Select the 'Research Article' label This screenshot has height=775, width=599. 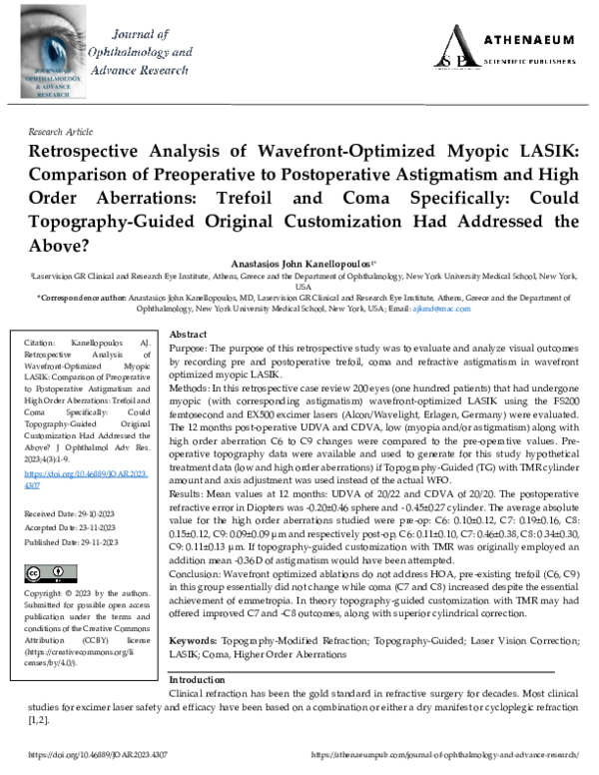[x=60, y=132]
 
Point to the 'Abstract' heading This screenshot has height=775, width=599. [x=189, y=335]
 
